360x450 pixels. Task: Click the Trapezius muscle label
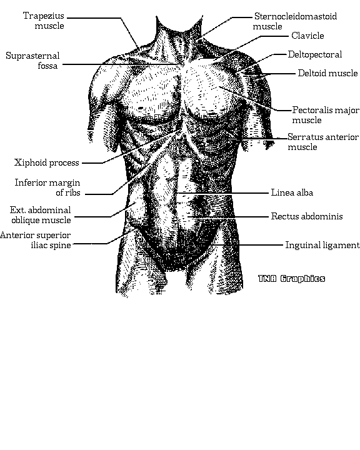tap(44, 21)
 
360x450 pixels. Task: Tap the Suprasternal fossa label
tap(32, 61)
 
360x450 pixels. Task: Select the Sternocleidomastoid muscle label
tap(295, 21)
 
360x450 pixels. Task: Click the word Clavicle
tap(307, 36)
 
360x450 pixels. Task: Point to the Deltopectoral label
tap(315, 54)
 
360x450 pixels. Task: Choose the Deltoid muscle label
tap(327, 73)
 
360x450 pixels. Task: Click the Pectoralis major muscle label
tap(326, 115)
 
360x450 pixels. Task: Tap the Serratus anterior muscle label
tap(323, 142)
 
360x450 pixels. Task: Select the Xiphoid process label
tap(46, 162)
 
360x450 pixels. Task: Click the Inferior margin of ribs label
tap(47, 187)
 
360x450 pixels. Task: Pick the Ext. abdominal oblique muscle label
tap(41, 215)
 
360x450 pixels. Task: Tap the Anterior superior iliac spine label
tap(36, 240)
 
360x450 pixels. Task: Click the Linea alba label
tap(292, 192)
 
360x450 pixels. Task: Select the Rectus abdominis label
tap(307, 216)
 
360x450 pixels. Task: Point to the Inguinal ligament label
tap(322, 245)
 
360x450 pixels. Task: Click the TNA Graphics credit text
tap(291, 279)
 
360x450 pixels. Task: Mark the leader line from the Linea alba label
tap(222, 193)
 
